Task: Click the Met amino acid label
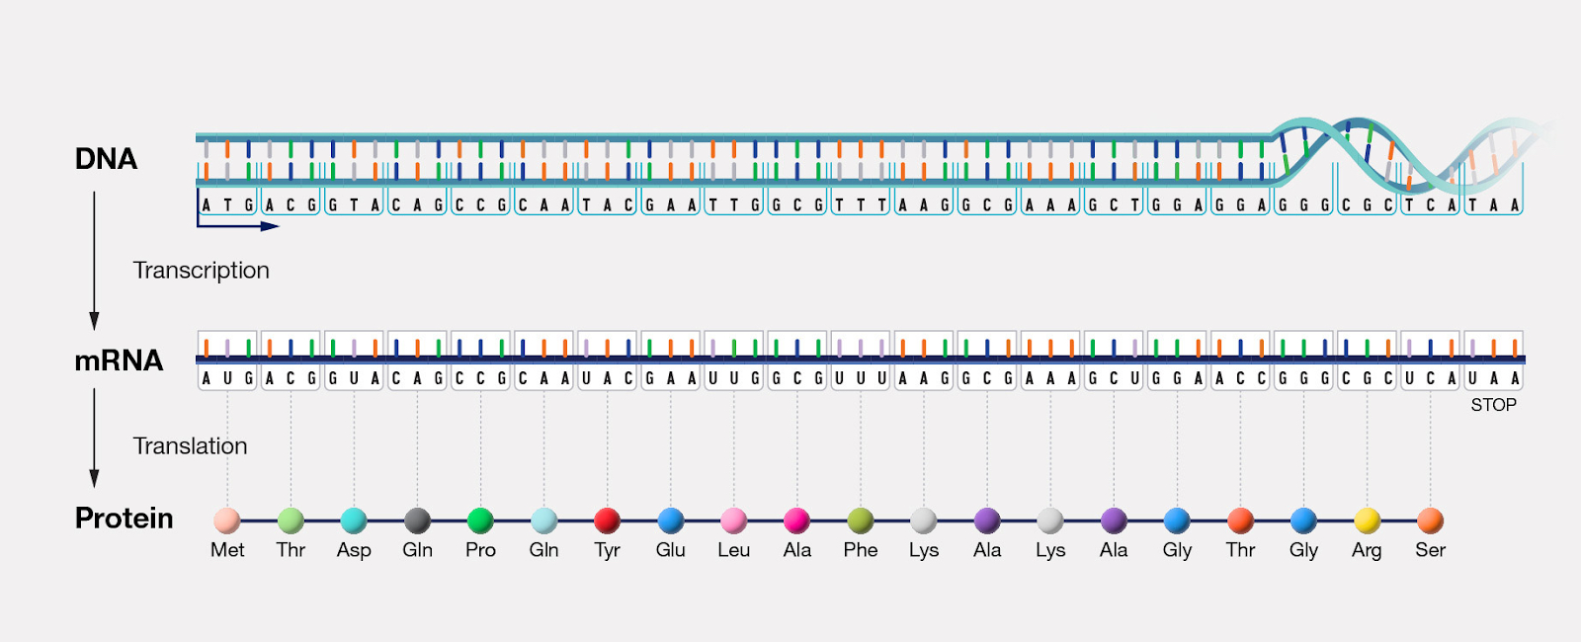(x=227, y=550)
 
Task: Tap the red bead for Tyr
(x=607, y=521)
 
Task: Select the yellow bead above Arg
(x=1368, y=521)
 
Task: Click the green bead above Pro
(x=480, y=521)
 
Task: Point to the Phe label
(x=861, y=550)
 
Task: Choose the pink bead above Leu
(x=734, y=521)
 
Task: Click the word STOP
(x=1493, y=405)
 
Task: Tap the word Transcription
(x=202, y=271)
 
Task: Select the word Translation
(x=191, y=445)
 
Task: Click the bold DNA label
(x=106, y=159)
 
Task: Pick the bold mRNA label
(x=119, y=361)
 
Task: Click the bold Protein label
(x=125, y=519)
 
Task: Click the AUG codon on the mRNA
(x=227, y=379)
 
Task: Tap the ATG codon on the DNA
(x=227, y=204)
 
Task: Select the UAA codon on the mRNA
(x=1493, y=379)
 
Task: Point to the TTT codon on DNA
(x=861, y=204)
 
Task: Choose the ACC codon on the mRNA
(x=1240, y=379)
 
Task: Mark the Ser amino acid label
(x=1431, y=550)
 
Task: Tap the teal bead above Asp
(x=354, y=521)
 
